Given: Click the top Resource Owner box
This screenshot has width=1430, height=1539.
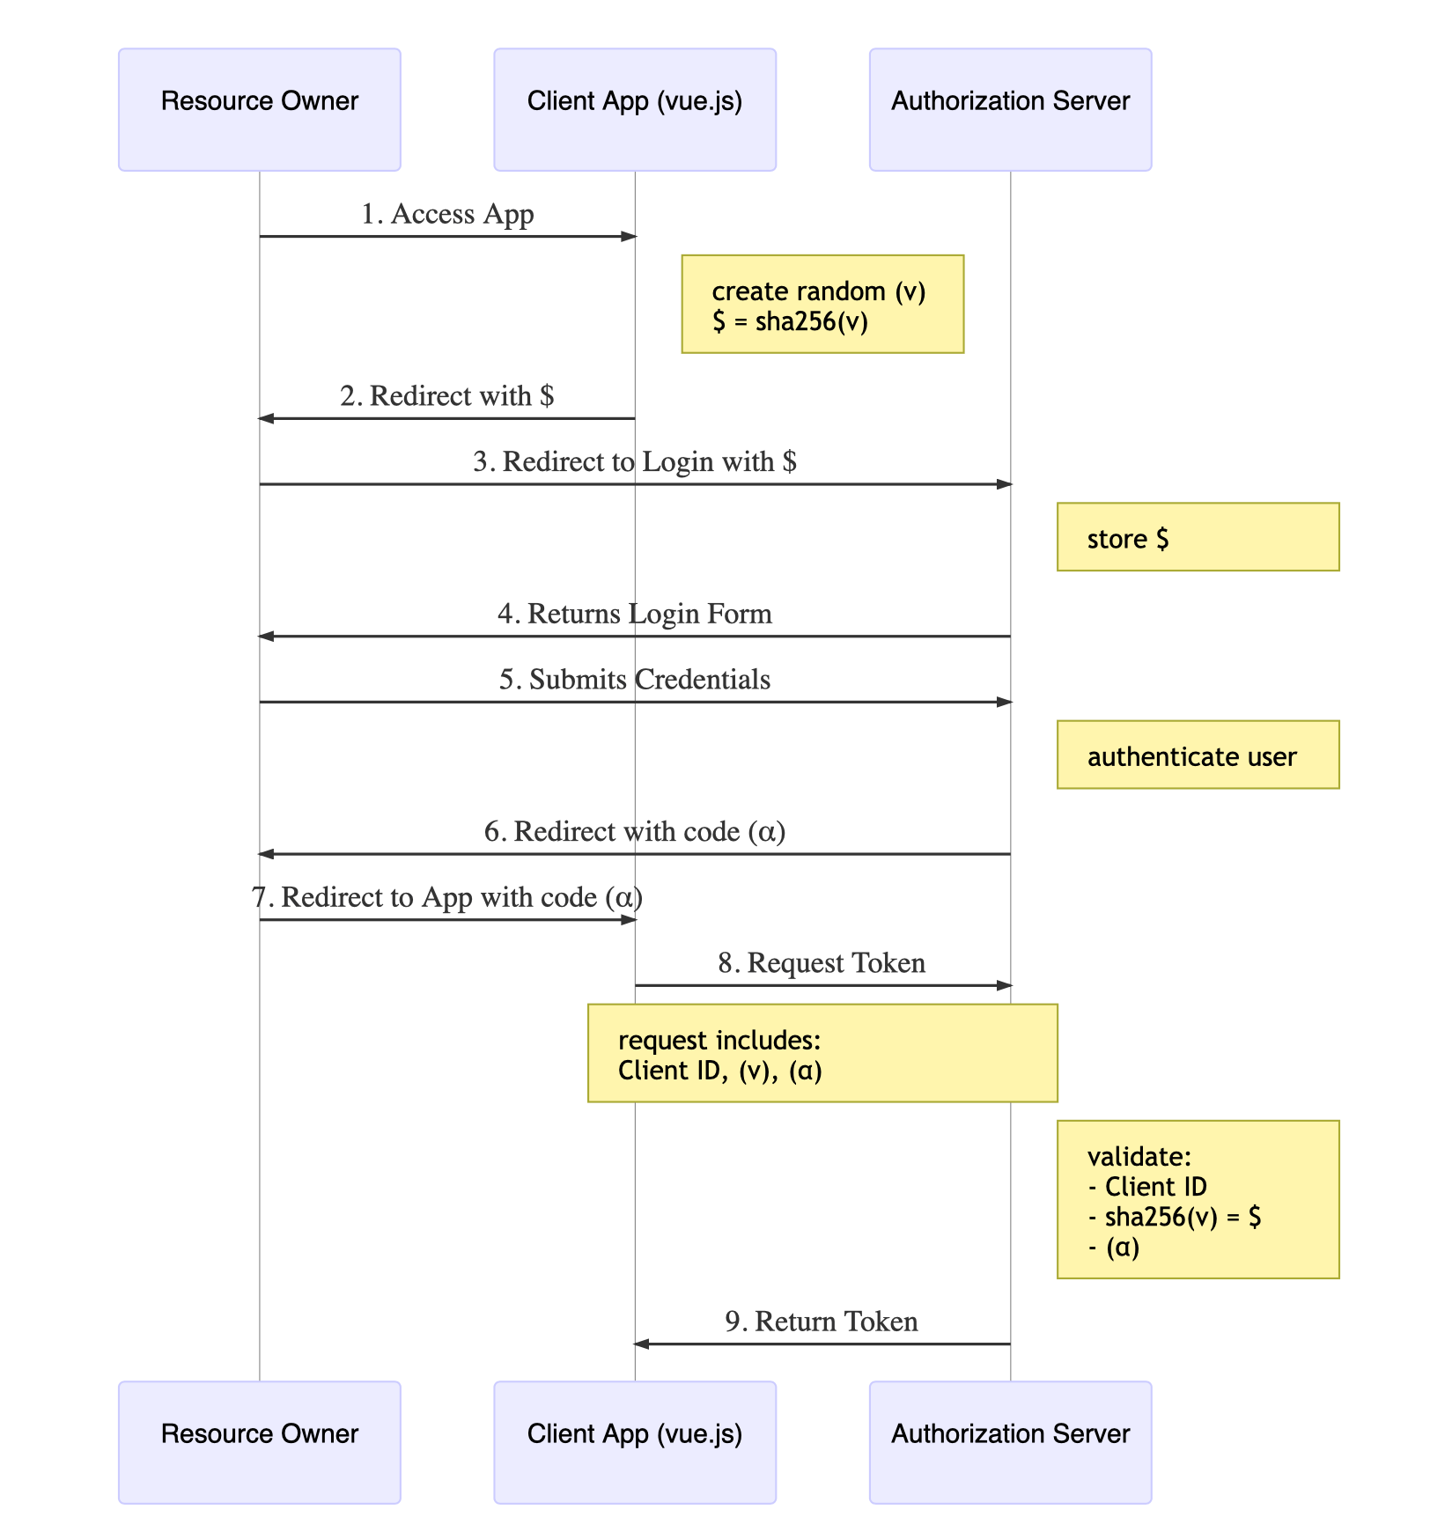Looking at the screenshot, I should (259, 109).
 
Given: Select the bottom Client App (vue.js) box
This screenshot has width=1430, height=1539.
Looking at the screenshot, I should (634, 1442).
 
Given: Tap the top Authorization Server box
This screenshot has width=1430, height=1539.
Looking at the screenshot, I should (1010, 109).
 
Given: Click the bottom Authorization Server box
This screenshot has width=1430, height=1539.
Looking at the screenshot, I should (1010, 1442).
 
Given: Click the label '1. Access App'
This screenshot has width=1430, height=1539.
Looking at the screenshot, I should (447, 214).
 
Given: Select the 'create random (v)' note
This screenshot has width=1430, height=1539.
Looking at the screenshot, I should (822, 305).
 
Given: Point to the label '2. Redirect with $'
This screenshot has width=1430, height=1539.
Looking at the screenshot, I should (447, 396).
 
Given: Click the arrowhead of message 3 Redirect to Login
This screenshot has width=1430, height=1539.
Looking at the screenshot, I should (1004, 484).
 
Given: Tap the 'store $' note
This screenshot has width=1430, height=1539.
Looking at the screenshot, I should (1197, 538).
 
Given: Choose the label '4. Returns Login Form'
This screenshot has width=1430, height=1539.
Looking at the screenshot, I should (634, 614).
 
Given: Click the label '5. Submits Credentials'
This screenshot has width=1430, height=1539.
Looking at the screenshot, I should (634, 680).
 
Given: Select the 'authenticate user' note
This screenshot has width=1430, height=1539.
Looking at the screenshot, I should (1197, 755).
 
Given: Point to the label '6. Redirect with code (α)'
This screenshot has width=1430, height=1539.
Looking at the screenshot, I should (634, 832).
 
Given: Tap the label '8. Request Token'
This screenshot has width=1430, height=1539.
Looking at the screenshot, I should (822, 963).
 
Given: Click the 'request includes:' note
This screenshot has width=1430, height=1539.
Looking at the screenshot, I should (822, 1054).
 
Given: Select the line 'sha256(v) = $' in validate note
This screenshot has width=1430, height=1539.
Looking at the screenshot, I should (1176, 1217).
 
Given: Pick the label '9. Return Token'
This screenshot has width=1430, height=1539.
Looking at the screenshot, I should (822, 1322).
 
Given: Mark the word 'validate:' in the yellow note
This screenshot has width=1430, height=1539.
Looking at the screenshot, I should (1139, 1157).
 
